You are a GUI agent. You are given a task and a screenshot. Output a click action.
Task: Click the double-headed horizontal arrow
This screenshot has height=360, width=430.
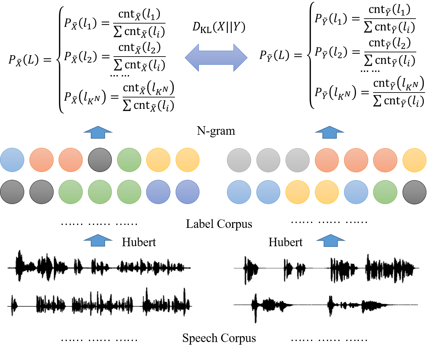pyautogui.click(x=216, y=58)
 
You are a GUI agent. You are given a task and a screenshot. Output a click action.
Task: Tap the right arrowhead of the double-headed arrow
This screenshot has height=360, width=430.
pyautogui.click(x=240, y=58)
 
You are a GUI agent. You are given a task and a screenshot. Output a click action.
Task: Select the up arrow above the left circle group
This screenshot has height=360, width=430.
pyautogui.click(x=98, y=132)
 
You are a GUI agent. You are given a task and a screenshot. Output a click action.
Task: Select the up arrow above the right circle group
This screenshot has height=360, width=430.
pyautogui.click(x=329, y=132)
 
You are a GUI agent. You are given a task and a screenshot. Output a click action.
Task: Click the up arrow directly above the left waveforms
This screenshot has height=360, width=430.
pyautogui.click(x=98, y=240)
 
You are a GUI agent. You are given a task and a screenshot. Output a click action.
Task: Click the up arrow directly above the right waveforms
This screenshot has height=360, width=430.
pyautogui.click(x=331, y=240)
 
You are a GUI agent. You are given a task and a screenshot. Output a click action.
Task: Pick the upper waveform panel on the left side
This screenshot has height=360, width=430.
pyautogui.click(x=99, y=266)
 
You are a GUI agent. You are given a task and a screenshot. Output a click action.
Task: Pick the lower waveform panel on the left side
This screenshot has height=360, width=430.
pyautogui.click(x=99, y=302)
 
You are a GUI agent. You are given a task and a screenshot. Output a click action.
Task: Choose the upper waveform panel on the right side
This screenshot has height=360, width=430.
pyautogui.click(x=326, y=269)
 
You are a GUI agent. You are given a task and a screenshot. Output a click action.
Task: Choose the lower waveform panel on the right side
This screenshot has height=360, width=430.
pyautogui.click(x=326, y=308)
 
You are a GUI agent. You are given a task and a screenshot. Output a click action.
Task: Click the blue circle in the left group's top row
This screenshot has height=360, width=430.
pyautogui.click(x=12, y=160)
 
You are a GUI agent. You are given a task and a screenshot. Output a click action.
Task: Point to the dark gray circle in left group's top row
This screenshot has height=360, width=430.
pyautogui.click(x=100, y=160)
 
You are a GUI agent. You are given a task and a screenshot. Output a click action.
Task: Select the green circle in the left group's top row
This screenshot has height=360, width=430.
pyautogui.click(x=129, y=160)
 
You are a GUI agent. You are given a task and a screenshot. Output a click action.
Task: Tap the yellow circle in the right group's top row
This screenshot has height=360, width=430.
pyautogui.click(x=414, y=160)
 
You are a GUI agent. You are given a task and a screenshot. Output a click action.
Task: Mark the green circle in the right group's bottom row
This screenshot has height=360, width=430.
pyautogui.click(x=385, y=192)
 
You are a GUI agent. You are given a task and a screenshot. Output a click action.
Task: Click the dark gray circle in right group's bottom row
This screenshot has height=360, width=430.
pyautogui.click(x=414, y=192)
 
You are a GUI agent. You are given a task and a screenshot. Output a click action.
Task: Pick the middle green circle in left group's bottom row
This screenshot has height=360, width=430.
pyautogui.click(x=100, y=192)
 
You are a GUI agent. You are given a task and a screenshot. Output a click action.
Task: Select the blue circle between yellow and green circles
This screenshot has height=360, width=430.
pyautogui.click(x=356, y=192)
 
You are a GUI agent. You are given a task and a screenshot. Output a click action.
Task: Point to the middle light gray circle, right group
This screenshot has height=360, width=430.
pyautogui.click(x=268, y=160)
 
